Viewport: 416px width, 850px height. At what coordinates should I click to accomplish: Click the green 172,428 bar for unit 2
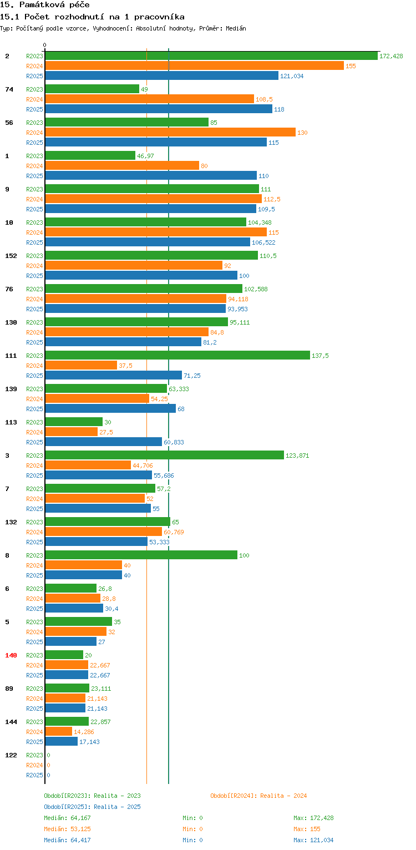tap(211, 56)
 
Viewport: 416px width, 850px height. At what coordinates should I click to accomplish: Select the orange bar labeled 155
tap(194, 66)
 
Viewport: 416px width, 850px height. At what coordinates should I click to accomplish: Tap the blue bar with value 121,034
tap(161, 76)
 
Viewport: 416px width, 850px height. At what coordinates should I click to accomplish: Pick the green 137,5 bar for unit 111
tap(177, 356)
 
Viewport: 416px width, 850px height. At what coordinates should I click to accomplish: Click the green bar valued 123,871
tap(164, 456)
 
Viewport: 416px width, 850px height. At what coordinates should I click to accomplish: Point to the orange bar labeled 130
tap(170, 133)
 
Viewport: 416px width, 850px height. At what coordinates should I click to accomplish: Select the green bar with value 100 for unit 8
tap(141, 555)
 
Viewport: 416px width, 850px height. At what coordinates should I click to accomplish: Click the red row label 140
tap(11, 655)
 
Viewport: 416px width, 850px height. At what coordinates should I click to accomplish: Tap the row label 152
tap(11, 256)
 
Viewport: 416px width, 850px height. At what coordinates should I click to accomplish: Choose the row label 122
tap(11, 755)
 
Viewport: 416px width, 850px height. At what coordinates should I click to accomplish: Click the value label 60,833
tap(174, 442)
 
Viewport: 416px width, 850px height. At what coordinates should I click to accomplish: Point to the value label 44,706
tap(143, 466)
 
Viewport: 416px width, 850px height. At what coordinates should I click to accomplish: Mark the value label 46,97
tap(145, 156)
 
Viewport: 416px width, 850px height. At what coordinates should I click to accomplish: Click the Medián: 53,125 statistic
tap(67, 829)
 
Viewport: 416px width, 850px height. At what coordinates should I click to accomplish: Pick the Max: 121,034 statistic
tap(313, 840)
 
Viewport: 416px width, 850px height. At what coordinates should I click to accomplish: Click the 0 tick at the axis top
tap(45, 45)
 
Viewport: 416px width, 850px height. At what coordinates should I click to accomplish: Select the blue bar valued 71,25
tap(113, 376)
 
